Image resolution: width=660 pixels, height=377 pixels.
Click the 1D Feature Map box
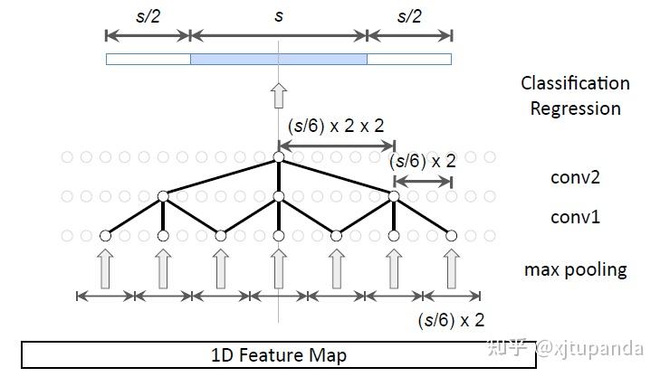[x=278, y=354]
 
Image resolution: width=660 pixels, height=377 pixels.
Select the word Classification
[x=575, y=83]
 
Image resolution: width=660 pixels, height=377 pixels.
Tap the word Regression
[x=575, y=108]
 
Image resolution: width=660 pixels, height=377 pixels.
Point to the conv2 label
[x=575, y=177]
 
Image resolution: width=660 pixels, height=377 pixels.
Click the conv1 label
[x=575, y=217]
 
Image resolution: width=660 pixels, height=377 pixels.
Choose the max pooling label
[x=575, y=269]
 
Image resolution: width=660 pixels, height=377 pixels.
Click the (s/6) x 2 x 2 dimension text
[x=336, y=127]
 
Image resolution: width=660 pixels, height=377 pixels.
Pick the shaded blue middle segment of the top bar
[x=278, y=59]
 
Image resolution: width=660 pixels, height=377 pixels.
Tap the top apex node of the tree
[x=279, y=157]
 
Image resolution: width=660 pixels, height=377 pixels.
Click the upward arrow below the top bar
[x=279, y=94]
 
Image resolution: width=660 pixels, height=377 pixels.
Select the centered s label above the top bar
[x=278, y=17]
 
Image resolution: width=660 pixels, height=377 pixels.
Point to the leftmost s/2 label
[x=148, y=17]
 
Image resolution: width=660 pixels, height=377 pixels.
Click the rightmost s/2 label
[x=409, y=17]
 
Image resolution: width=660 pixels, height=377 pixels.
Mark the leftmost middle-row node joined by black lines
[x=163, y=196]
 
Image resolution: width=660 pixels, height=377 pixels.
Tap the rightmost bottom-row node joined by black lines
[x=452, y=236]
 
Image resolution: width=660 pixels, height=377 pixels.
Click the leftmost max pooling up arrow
[x=105, y=269]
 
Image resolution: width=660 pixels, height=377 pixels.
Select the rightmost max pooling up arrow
[x=452, y=269]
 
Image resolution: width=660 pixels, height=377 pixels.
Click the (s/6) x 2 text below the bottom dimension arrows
[x=451, y=319]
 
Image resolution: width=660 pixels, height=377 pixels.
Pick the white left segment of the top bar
[x=148, y=59]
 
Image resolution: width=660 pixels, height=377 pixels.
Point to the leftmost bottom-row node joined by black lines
[x=105, y=236]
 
